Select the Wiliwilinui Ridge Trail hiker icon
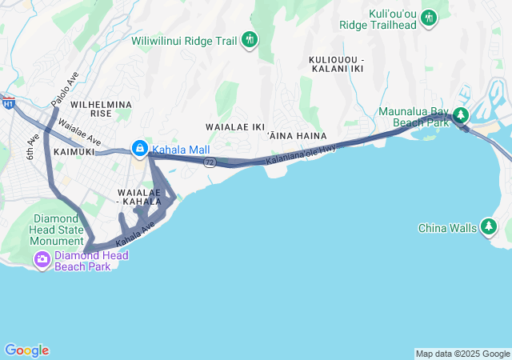pos(250,39)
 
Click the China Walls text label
pos(448,228)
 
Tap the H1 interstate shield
pos(9,104)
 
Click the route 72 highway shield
pos(210,162)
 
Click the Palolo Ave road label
pos(65,93)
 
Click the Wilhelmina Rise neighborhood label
pos(101,110)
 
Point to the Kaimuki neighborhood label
pos(74,150)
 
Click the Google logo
pos(26,350)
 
